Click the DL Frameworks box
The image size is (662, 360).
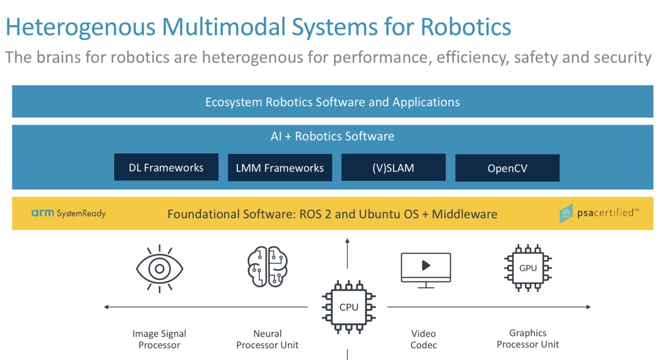tap(166, 167)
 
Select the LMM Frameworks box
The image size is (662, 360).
tap(279, 167)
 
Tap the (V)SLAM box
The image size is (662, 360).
tap(393, 167)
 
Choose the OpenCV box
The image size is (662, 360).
tap(507, 168)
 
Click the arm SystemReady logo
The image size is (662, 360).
tap(69, 213)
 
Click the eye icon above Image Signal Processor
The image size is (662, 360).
tap(159, 269)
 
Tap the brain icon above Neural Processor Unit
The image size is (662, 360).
tap(268, 267)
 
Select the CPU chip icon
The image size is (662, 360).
tap(348, 307)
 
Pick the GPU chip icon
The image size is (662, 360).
tap(528, 268)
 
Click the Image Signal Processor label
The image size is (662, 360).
tap(159, 339)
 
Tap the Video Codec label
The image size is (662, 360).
tap(424, 339)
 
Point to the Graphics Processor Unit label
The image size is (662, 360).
tap(528, 339)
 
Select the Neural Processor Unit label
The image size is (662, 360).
tap(268, 339)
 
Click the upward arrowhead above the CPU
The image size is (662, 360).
tap(348, 242)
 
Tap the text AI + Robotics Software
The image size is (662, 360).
tap(332, 136)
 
